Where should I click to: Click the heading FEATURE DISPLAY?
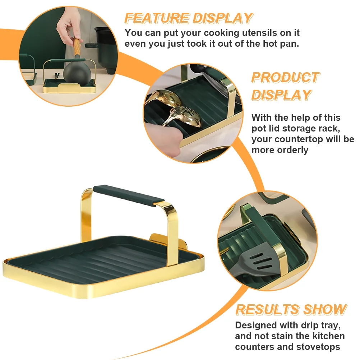click(189, 18)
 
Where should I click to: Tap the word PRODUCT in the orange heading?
click(285, 78)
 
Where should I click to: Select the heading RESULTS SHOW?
click(291, 309)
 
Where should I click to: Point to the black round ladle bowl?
click(77, 73)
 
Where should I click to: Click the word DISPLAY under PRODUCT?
click(281, 95)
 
